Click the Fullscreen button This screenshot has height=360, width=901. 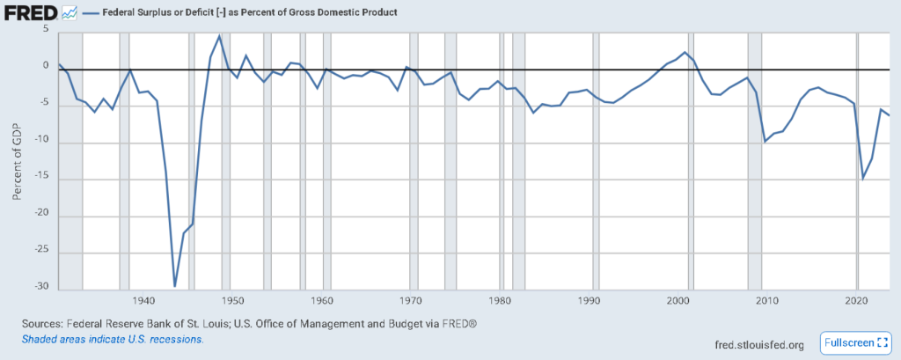854,342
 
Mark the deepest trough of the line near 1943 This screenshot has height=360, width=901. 174,286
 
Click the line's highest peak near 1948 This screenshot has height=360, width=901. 219,36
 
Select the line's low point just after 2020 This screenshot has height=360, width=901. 863,179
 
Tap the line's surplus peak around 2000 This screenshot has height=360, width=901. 685,53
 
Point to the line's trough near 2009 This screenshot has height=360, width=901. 765,141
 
